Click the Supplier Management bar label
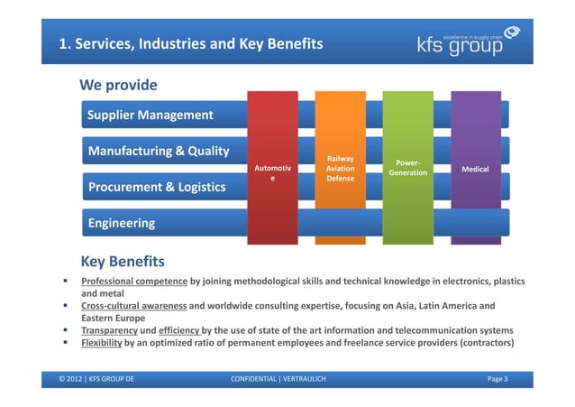(x=150, y=115)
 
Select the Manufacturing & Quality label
(x=158, y=151)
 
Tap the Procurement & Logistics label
(x=156, y=187)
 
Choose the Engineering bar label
(x=121, y=222)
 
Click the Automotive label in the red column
(x=273, y=173)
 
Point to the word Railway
(x=340, y=158)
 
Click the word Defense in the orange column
(x=340, y=179)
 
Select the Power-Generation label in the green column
(x=407, y=168)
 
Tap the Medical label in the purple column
(x=475, y=169)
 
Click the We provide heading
(x=118, y=86)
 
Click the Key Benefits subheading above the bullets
(x=123, y=262)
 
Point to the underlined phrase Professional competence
(x=134, y=282)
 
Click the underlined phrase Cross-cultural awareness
(x=134, y=305)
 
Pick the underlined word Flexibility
(x=105, y=343)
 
